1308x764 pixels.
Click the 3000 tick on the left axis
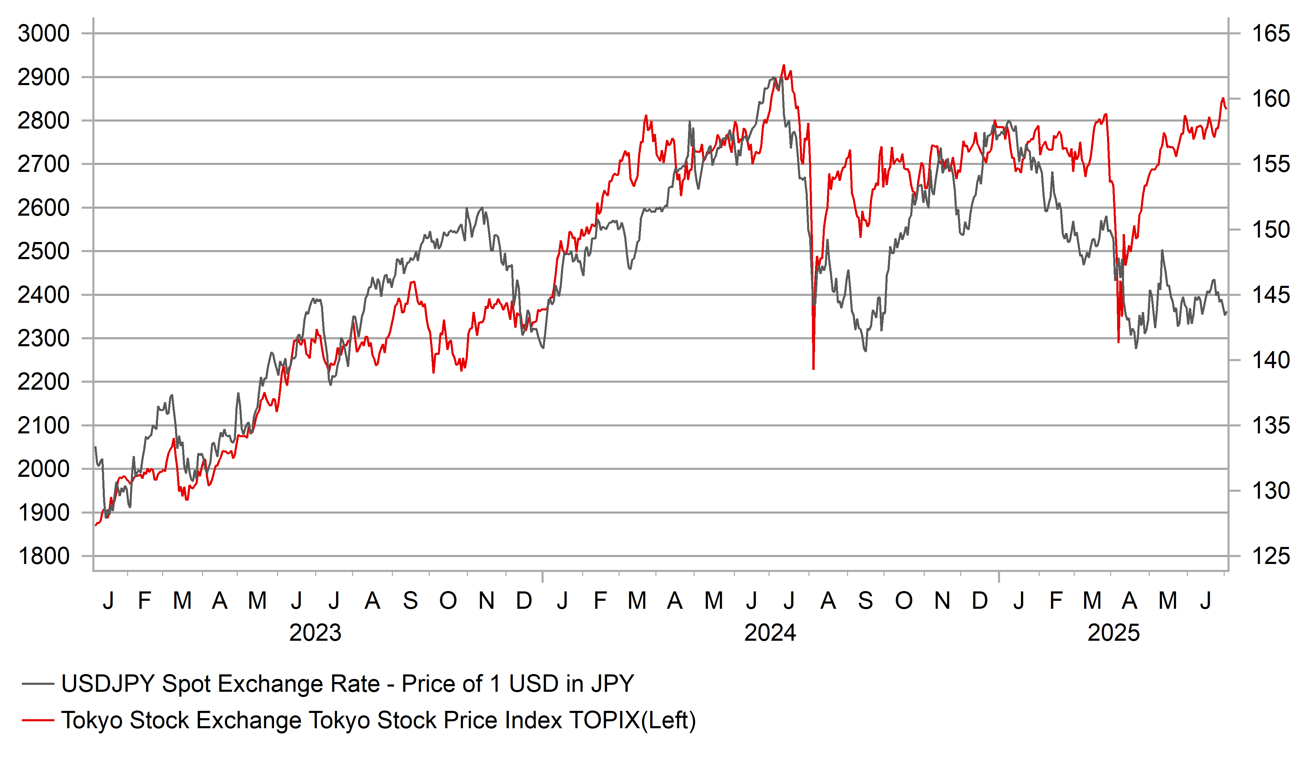click(x=44, y=34)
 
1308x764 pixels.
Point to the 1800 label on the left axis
click(x=44, y=556)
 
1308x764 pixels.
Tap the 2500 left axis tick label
click(x=44, y=251)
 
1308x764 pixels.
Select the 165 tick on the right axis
click(x=1271, y=34)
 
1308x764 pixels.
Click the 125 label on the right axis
click(x=1271, y=556)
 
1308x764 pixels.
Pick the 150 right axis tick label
click(x=1271, y=230)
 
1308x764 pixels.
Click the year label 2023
click(x=315, y=633)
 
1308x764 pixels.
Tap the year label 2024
click(x=770, y=633)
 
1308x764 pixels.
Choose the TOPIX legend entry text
click(x=379, y=720)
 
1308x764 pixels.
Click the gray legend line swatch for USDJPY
click(x=38, y=684)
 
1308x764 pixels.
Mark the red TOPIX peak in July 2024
click(x=784, y=65)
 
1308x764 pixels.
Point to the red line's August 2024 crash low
click(x=813, y=369)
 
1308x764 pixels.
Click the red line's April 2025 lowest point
click(x=1118, y=342)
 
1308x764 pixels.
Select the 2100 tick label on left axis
click(x=44, y=426)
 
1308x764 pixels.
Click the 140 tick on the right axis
click(x=1271, y=360)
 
